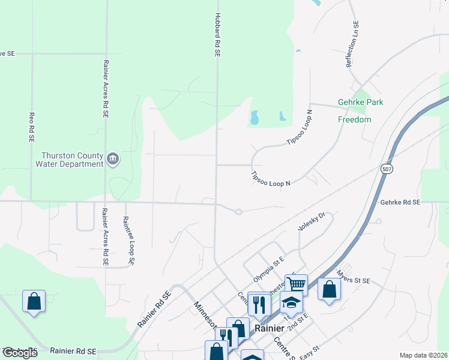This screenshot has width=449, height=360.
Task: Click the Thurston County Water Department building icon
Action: tap(113, 159)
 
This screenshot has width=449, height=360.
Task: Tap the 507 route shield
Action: tap(385, 170)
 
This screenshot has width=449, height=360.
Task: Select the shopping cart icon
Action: tap(297, 284)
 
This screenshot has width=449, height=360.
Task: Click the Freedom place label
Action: tap(354, 119)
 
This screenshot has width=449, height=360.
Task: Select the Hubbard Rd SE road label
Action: tap(218, 35)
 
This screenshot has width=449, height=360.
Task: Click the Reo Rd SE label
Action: tap(31, 127)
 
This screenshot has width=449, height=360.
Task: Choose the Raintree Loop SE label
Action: tap(128, 241)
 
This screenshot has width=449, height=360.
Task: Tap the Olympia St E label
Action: tap(268, 268)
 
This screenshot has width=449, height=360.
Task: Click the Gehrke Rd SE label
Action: tap(400, 203)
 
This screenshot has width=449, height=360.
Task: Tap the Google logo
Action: tap(19, 353)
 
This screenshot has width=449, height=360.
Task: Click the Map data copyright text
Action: tap(423, 355)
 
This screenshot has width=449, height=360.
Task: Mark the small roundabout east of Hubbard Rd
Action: tap(238, 211)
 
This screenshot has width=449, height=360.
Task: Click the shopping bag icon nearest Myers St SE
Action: tap(329, 289)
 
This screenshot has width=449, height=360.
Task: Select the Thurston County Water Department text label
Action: tap(70, 159)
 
